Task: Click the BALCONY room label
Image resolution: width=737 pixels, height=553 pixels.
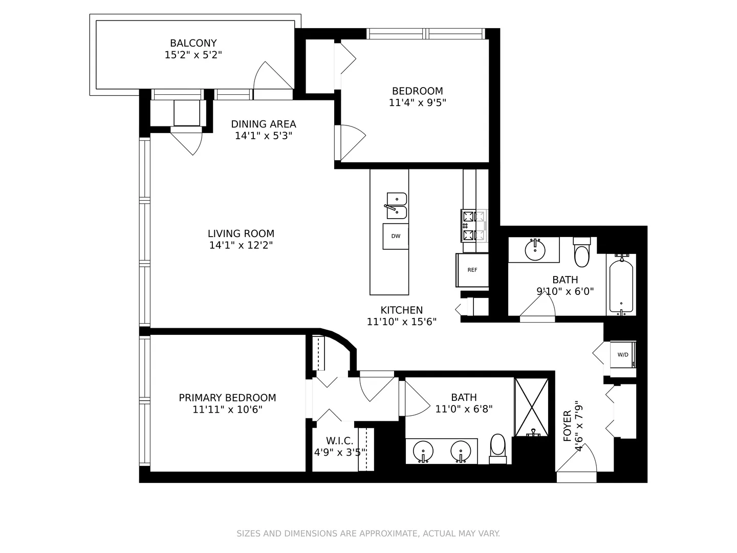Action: point(193,44)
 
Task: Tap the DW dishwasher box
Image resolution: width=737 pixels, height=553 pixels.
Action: point(396,236)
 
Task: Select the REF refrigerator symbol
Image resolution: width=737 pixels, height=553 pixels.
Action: point(472,270)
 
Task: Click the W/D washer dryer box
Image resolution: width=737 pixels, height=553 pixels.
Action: point(623,354)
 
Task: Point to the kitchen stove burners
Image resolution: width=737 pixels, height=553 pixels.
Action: point(474,226)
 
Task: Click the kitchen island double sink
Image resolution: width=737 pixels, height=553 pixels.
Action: point(396,206)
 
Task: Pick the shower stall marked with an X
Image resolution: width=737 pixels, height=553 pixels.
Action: point(531,407)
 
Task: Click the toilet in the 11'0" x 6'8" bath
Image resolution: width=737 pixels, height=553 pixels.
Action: point(497,447)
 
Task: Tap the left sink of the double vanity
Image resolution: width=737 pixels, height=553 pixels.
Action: point(423,451)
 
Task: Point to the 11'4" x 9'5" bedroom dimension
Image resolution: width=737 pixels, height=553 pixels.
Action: point(418,102)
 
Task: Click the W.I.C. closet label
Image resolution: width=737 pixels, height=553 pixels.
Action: point(339,441)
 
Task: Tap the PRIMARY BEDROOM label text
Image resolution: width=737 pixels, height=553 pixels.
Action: point(227,398)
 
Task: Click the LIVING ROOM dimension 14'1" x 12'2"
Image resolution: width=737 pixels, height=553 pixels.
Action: point(241,245)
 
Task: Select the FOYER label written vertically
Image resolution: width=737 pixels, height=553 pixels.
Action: point(567,426)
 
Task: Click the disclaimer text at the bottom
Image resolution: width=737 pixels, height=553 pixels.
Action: point(368,534)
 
